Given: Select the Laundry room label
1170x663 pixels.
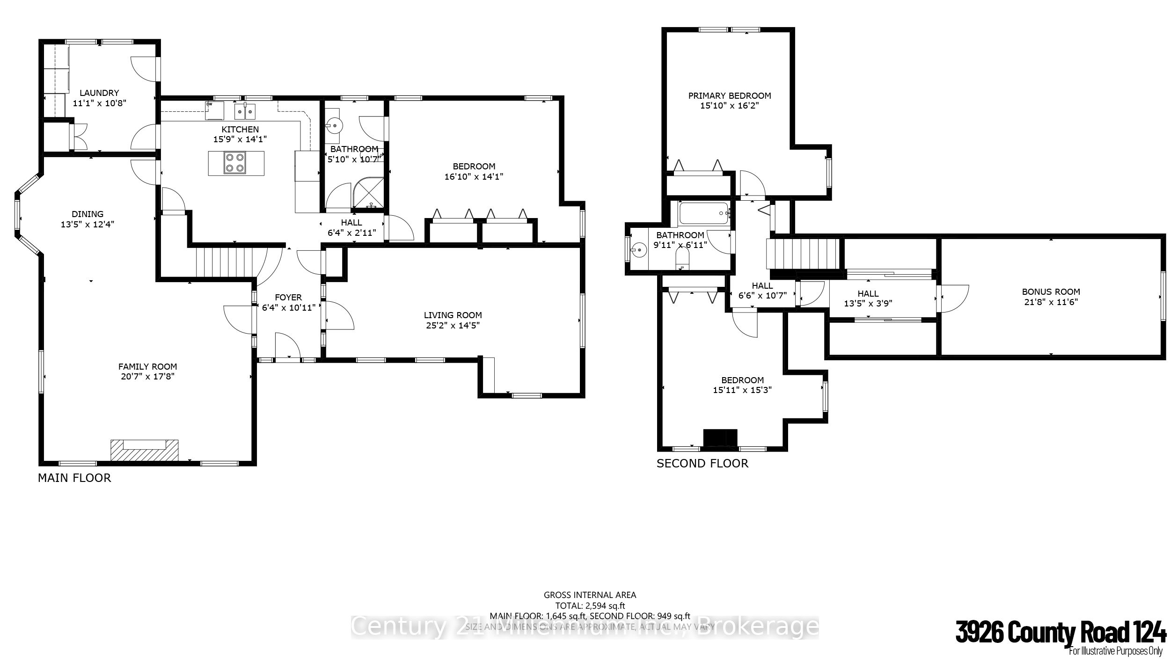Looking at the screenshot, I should [x=99, y=93].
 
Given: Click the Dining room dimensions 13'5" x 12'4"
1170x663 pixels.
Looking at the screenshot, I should [x=88, y=225].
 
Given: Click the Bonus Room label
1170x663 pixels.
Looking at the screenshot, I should [x=1051, y=292].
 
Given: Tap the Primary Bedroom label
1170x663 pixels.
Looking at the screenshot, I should [x=729, y=96].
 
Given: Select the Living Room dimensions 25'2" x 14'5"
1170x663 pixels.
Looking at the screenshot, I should [x=453, y=325].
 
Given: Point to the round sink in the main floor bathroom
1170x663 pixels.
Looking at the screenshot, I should [x=335, y=125].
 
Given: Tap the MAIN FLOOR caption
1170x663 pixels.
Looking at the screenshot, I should [x=74, y=478].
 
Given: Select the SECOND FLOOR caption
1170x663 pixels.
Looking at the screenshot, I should [x=702, y=464].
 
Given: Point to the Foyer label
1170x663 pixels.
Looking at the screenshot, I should [x=288, y=298].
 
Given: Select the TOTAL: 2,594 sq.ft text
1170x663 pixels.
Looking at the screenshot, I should [x=590, y=606].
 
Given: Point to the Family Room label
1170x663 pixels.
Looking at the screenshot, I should [x=147, y=367].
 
